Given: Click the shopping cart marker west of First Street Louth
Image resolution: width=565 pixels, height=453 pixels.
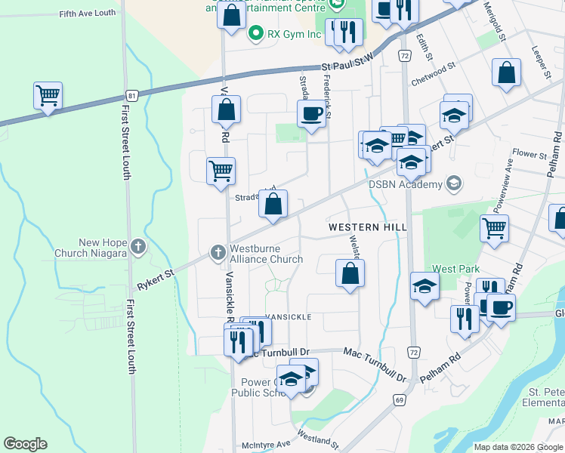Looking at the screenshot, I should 48,96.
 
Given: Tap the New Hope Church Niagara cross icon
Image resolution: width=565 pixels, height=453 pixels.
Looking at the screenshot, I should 137,246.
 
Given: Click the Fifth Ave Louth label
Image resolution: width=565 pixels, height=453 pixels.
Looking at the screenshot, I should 87,14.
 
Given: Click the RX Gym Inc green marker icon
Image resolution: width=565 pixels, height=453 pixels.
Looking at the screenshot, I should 256,33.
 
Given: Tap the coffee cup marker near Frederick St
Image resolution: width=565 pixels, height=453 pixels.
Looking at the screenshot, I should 311,115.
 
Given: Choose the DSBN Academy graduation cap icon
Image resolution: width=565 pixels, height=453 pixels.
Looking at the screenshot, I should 453,183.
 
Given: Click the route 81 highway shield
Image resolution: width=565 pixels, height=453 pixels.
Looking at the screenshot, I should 132,96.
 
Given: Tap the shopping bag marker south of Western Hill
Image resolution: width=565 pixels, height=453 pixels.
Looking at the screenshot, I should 350,274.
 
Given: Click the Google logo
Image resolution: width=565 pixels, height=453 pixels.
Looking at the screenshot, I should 25,444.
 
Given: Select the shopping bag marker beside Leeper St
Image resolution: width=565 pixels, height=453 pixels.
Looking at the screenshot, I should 507,73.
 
